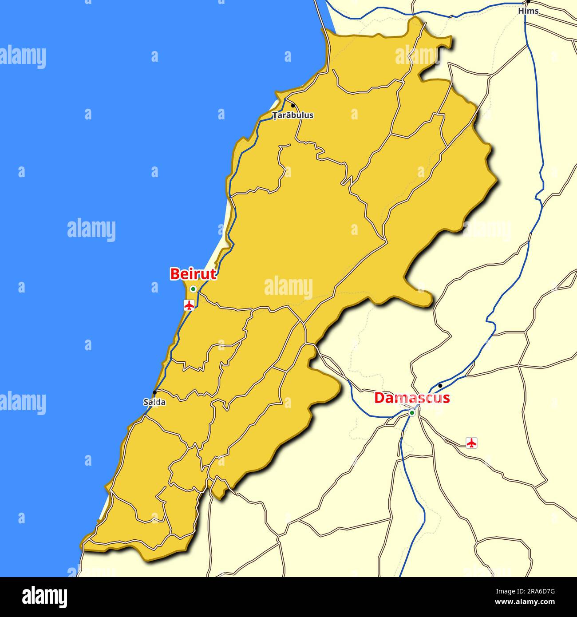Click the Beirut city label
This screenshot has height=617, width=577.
click(x=193, y=274)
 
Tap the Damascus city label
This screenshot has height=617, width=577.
click(x=412, y=398)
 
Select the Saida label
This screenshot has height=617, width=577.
click(x=154, y=403)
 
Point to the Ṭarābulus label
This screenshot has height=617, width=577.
click(x=293, y=115)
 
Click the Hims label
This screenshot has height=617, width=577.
click(x=528, y=11)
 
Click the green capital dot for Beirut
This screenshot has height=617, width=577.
click(x=193, y=289)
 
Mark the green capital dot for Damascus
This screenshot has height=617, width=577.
click(x=412, y=413)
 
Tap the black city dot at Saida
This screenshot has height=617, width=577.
click(x=154, y=392)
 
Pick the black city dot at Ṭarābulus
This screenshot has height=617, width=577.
click(x=292, y=106)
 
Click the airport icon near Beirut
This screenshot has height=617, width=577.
click(x=190, y=305)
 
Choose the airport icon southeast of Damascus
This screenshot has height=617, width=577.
click(x=471, y=442)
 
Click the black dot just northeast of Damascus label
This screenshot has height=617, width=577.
click(x=440, y=385)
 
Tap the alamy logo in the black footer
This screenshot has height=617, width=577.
click(x=45, y=597)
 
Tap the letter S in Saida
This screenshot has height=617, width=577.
click(x=146, y=403)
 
